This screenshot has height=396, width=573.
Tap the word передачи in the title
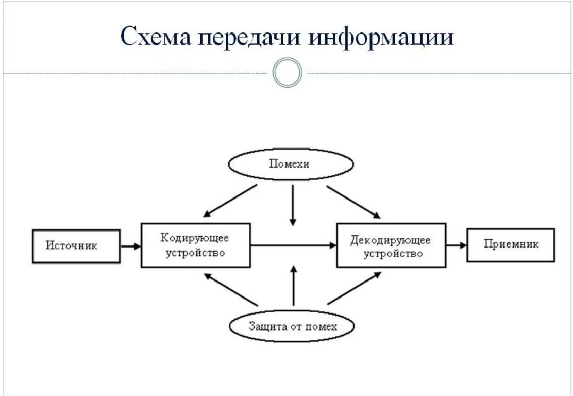tap(250, 37)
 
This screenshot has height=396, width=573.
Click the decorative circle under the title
tap(286, 73)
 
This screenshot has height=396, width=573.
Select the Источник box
tap(76, 245)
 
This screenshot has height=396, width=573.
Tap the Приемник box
tap(511, 244)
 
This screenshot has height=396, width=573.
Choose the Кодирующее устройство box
tap(195, 245)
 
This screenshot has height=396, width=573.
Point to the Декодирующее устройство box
tap(391, 245)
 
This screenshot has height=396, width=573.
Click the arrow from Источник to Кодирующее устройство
tap(131, 246)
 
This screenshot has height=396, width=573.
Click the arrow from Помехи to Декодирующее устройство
tap(353, 201)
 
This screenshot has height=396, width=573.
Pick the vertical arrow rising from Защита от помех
tap(293, 286)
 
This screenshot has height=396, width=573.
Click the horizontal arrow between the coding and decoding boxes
tap(293, 246)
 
